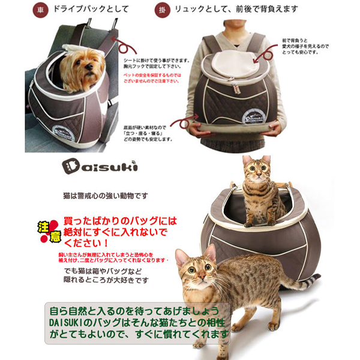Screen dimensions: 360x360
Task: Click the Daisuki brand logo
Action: point(98,166)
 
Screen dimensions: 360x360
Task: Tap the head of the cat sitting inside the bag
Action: point(256,171)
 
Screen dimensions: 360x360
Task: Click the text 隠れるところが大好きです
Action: point(106,280)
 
